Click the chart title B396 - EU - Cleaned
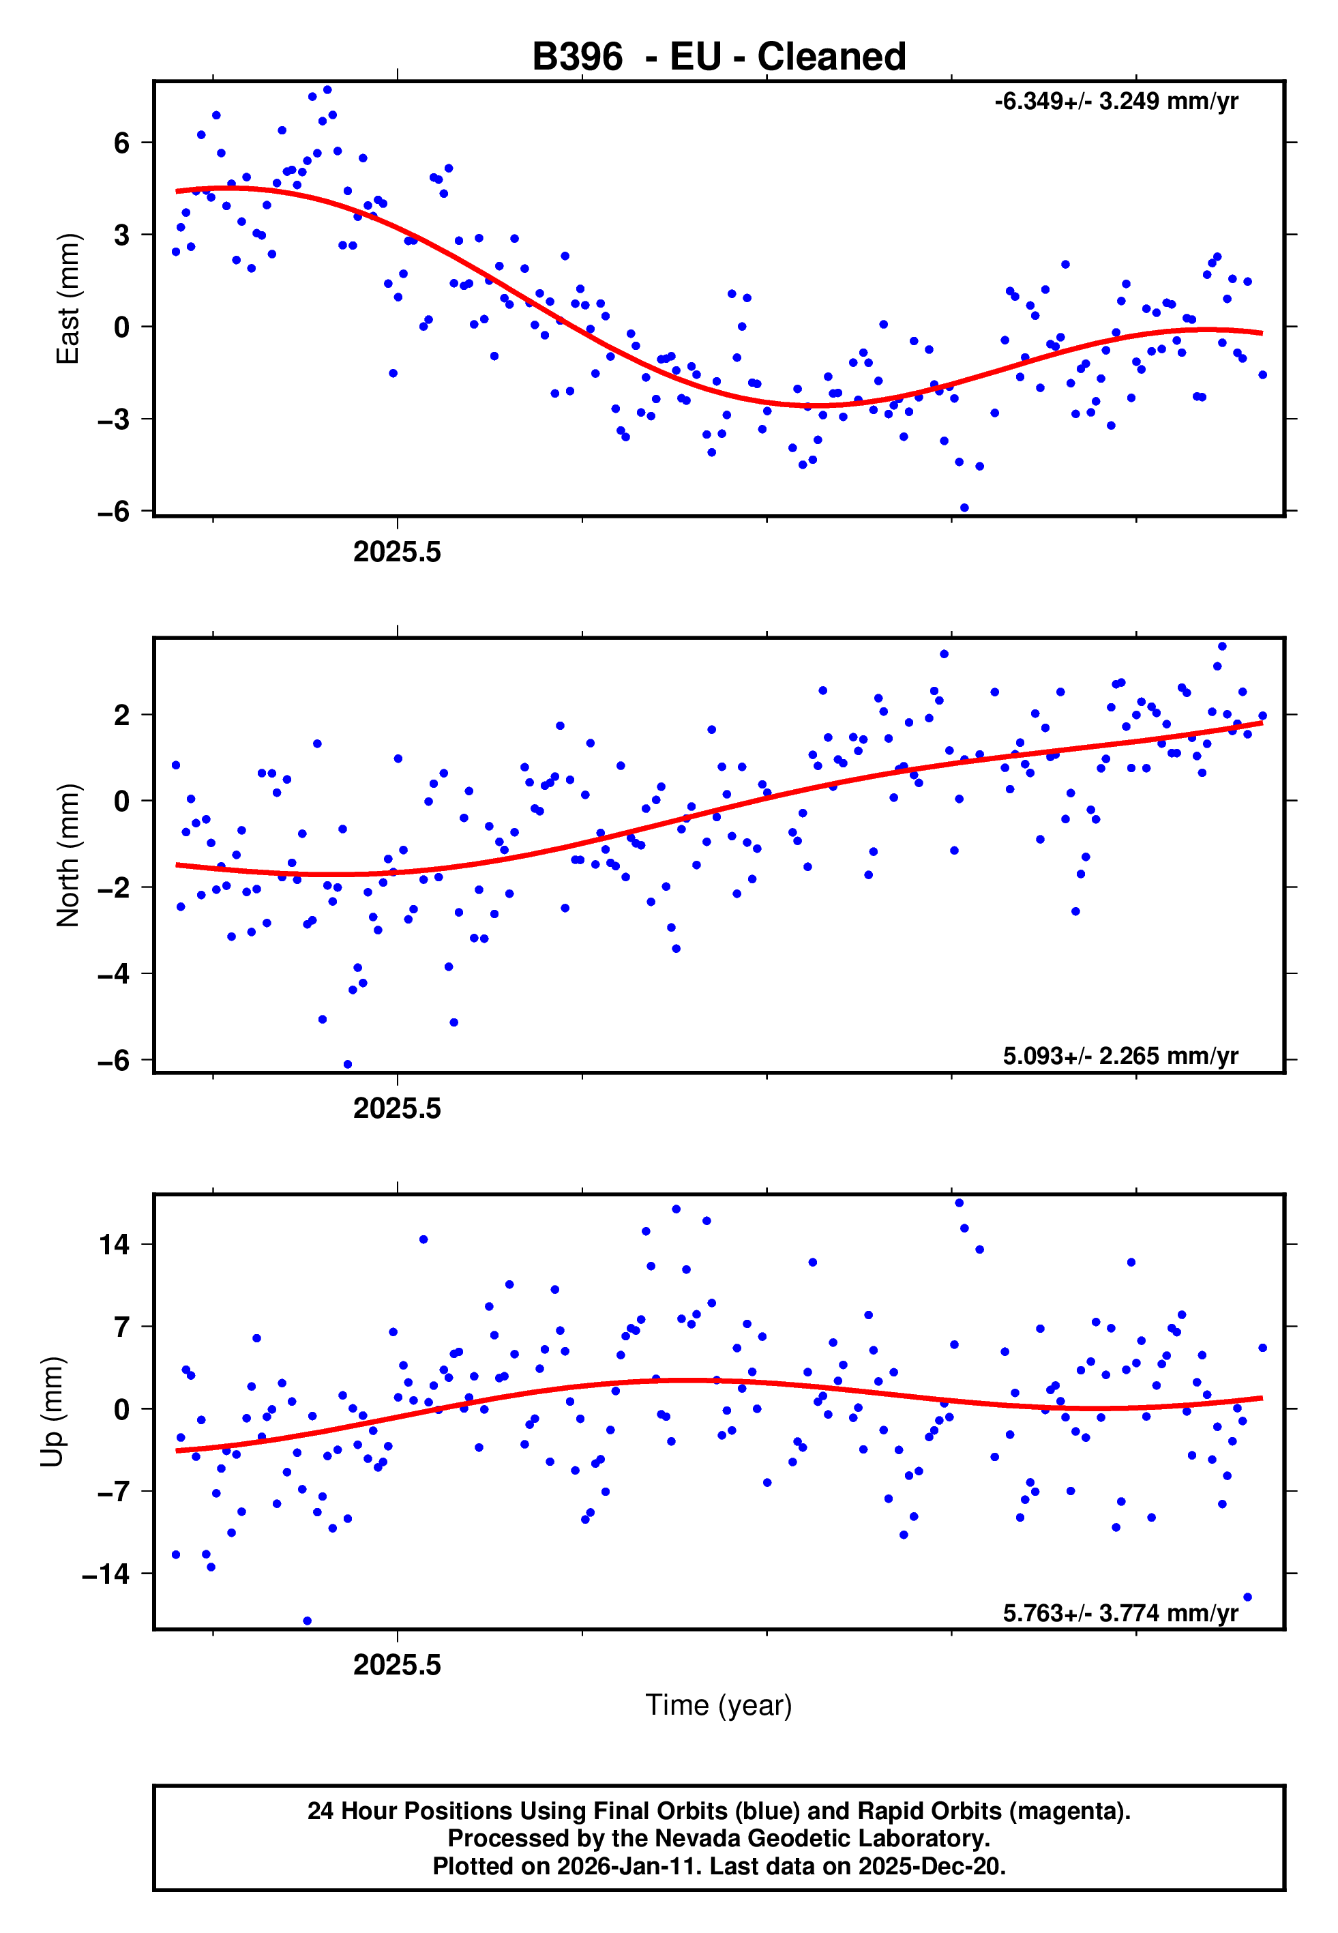[719, 57]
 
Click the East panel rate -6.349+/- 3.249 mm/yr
[1116, 102]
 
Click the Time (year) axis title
[719, 1705]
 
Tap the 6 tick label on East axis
[122, 143]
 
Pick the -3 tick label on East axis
[114, 419]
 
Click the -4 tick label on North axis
[114, 974]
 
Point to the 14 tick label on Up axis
[115, 1245]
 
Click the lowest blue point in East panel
[964, 508]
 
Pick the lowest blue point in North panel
[348, 1065]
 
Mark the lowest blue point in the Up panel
[307, 1621]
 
